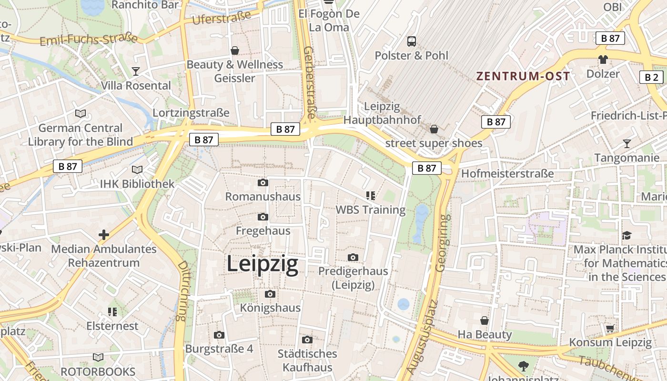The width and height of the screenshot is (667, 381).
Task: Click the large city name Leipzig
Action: point(263,264)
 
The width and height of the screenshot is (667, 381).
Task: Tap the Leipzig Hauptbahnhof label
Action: point(382,113)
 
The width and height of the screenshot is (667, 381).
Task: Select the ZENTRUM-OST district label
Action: point(523,76)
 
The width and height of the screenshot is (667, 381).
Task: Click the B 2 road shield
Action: point(651,77)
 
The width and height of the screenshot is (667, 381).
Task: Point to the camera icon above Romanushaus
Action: point(263,183)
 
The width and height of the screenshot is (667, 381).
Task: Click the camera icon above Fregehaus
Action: point(263,217)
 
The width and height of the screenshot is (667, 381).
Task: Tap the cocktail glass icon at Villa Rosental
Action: point(136,71)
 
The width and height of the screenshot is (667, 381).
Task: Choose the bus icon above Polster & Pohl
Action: point(412,41)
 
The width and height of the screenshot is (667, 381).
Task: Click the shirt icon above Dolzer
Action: point(603,60)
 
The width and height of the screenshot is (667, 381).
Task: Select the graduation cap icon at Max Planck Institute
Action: point(627,236)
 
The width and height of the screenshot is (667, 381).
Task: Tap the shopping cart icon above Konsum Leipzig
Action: point(610,328)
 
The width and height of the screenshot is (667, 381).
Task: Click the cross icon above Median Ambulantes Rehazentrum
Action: point(103,235)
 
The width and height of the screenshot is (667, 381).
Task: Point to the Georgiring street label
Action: point(443,243)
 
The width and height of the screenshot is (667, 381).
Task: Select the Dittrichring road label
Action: point(182,291)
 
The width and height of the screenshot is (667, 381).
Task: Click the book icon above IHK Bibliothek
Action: point(137,170)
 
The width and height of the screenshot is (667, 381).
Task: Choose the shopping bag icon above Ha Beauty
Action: point(485,321)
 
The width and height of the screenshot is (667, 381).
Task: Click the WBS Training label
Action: point(371,210)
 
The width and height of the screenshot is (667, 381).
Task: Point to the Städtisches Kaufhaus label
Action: point(307,361)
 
